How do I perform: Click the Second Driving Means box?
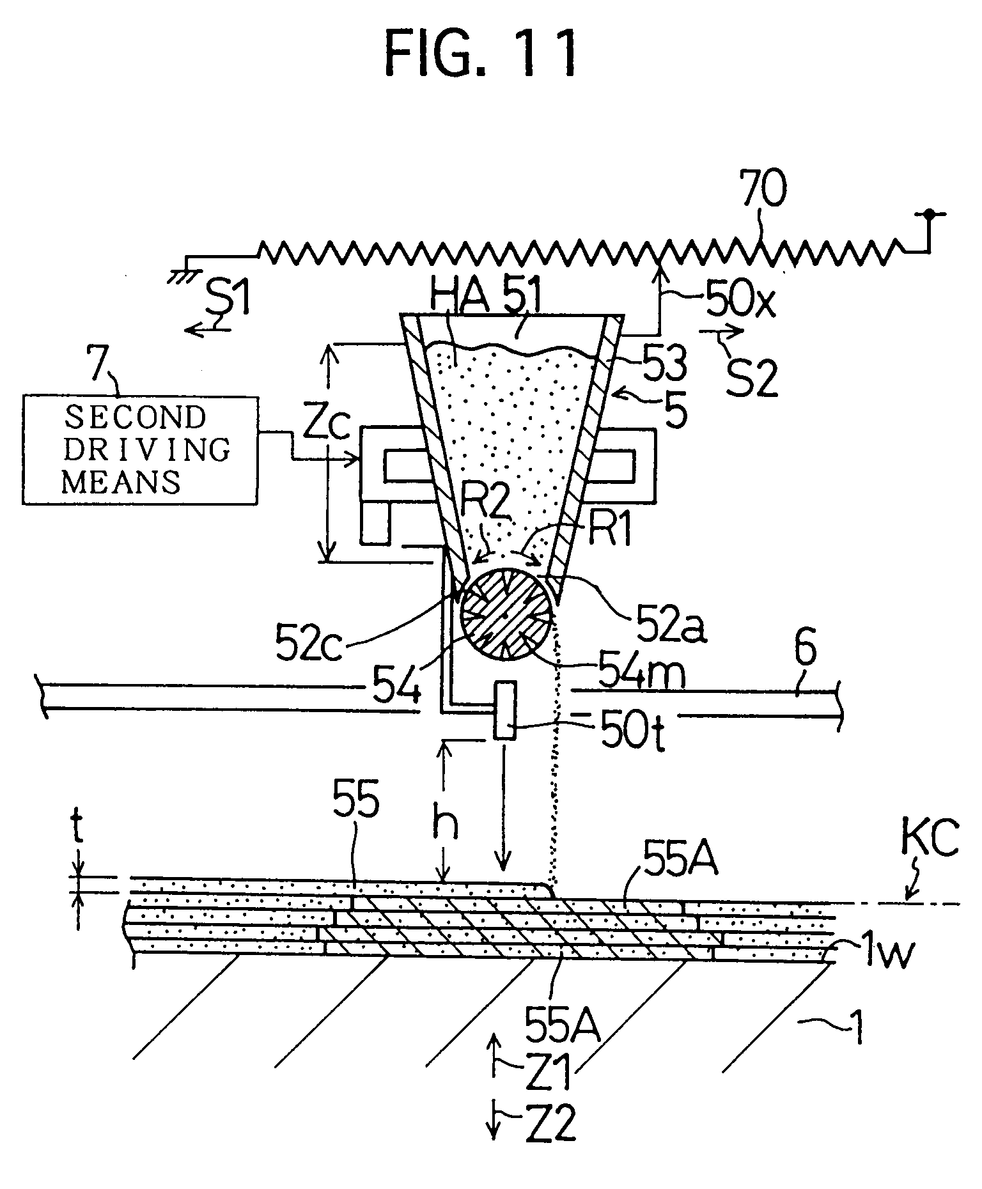(x=140, y=449)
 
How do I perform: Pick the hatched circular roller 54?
(x=506, y=614)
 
